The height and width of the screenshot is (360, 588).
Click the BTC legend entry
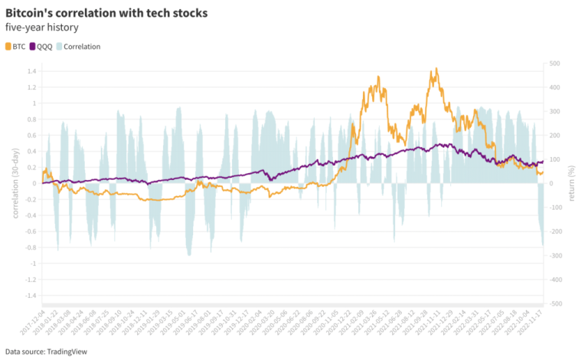(x=15, y=46)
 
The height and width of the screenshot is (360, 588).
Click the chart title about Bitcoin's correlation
(x=106, y=14)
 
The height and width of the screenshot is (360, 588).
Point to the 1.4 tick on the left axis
(x=31, y=71)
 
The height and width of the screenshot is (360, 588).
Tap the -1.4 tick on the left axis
(x=29, y=296)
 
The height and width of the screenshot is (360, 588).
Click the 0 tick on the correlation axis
(x=34, y=183)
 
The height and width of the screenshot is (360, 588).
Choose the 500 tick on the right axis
(x=556, y=64)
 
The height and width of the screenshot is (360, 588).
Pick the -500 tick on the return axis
(x=557, y=303)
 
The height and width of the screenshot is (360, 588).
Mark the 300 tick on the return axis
(x=556, y=111)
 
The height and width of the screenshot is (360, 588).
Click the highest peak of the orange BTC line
(x=436, y=68)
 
